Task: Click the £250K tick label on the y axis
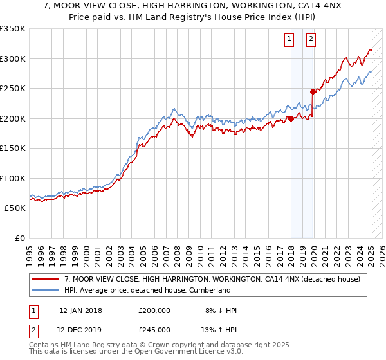tap(13, 88)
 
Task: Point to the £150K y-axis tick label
tap(13, 148)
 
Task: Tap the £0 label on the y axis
tap(19, 238)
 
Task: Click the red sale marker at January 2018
tap(291, 118)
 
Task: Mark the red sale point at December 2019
tap(313, 91)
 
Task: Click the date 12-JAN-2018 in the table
tap(80, 310)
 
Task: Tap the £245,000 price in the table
tap(154, 331)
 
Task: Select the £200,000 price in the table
tap(154, 310)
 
